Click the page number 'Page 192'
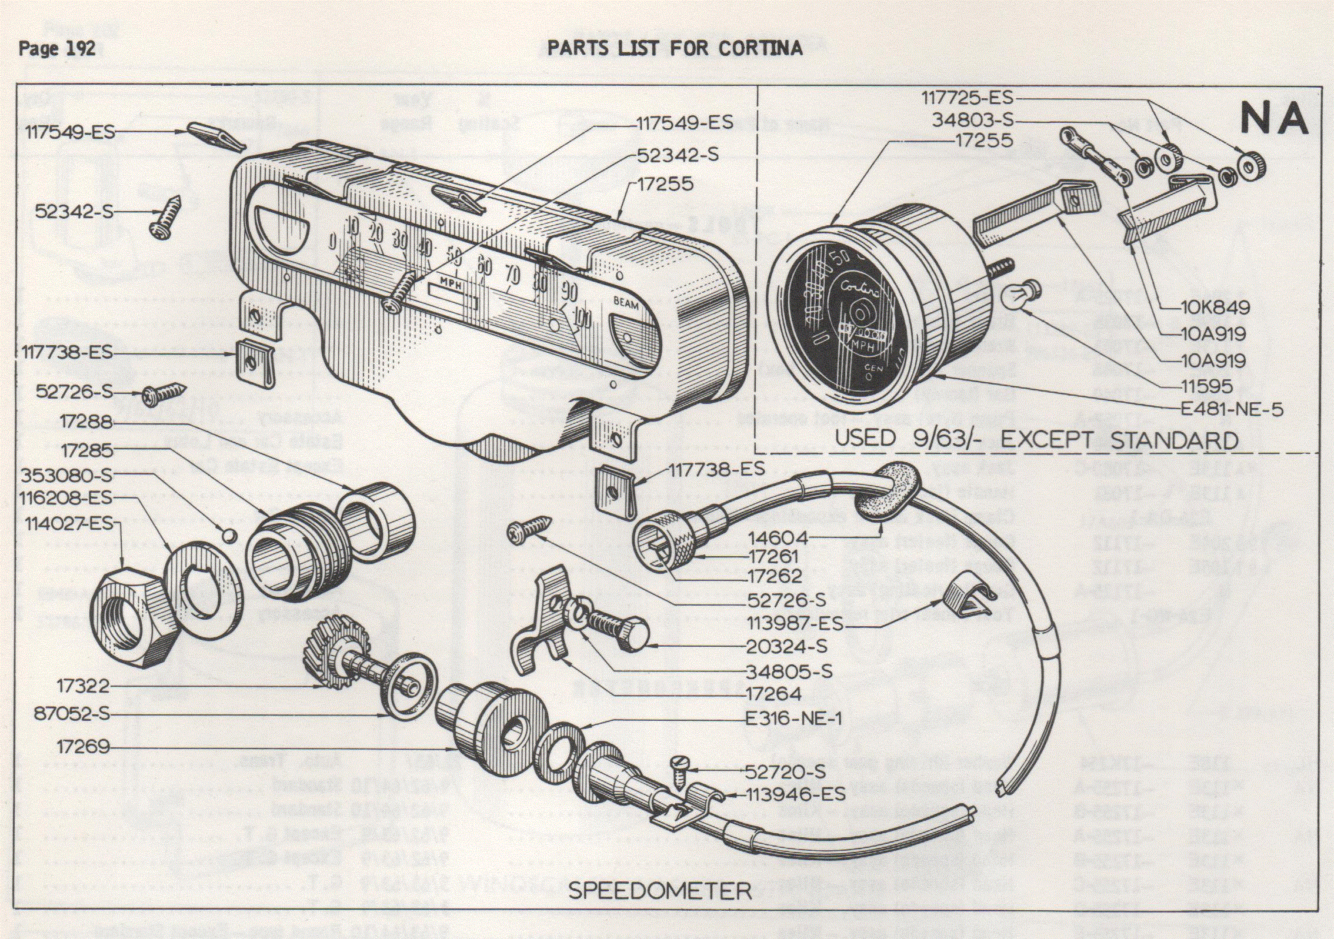pyautogui.click(x=56, y=48)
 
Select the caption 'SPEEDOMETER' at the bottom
pyautogui.click(x=659, y=891)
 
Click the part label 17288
pyautogui.click(x=86, y=422)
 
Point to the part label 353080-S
pyautogui.click(x=66, y=474)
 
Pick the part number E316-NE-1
pyautogui.click(x=793, y=719)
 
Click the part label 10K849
pyautogui.click(x=1215, y=308)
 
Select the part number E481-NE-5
pyautogui.click(x=1232, y=409)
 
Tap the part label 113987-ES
pyautogui.click(x=795, y=623)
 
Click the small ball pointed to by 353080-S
pyautogui.click(x=229, y=536)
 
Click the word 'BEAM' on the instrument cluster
pyautogui.click(x=626, y=303)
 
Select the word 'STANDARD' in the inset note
pyautogui.click(x=1174, y=440)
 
